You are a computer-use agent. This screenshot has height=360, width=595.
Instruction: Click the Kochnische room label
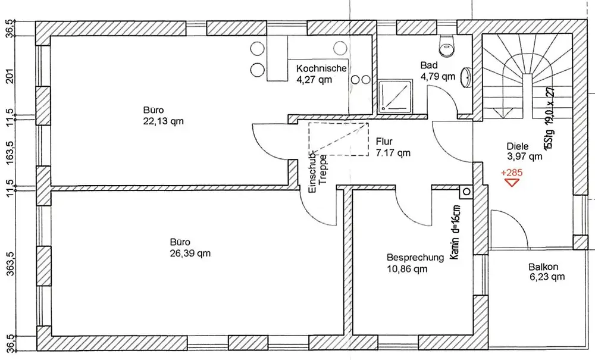click(321, 68)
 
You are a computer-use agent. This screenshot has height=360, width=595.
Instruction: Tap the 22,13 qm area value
click(164, 121)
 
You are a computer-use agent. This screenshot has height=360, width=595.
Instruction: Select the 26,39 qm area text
click(190, 253)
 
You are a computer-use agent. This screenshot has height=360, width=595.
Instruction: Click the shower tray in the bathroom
click(396, 96)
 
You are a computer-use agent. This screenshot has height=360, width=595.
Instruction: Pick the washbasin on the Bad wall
click(466, 77)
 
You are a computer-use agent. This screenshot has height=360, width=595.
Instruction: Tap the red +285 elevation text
click(512, 173)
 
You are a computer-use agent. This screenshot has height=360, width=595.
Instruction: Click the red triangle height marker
click(512, 182)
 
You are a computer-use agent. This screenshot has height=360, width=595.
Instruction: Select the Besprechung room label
click(415, 258)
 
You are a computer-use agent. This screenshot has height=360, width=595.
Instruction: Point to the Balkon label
click(543, 267)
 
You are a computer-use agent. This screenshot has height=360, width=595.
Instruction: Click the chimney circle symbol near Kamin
click(466, 192)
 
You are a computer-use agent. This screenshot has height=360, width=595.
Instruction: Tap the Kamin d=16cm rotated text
click(455, 232)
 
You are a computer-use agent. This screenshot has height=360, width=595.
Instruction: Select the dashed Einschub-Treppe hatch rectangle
click(339, 139)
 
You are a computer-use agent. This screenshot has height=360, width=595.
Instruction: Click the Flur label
click(384, 142)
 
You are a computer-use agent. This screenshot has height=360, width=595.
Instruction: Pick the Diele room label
click(518, 146)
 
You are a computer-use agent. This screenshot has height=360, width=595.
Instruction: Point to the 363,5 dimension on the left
click(10, 264)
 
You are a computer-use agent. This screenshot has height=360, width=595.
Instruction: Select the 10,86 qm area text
click(407, 269)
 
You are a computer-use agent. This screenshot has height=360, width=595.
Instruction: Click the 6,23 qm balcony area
click(547, 277)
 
